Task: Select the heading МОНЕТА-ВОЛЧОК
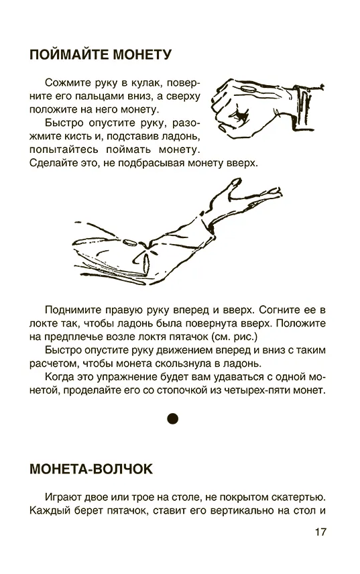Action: click(91, 469)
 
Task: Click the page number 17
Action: click(320, 532)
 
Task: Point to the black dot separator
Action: click(173, 418)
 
